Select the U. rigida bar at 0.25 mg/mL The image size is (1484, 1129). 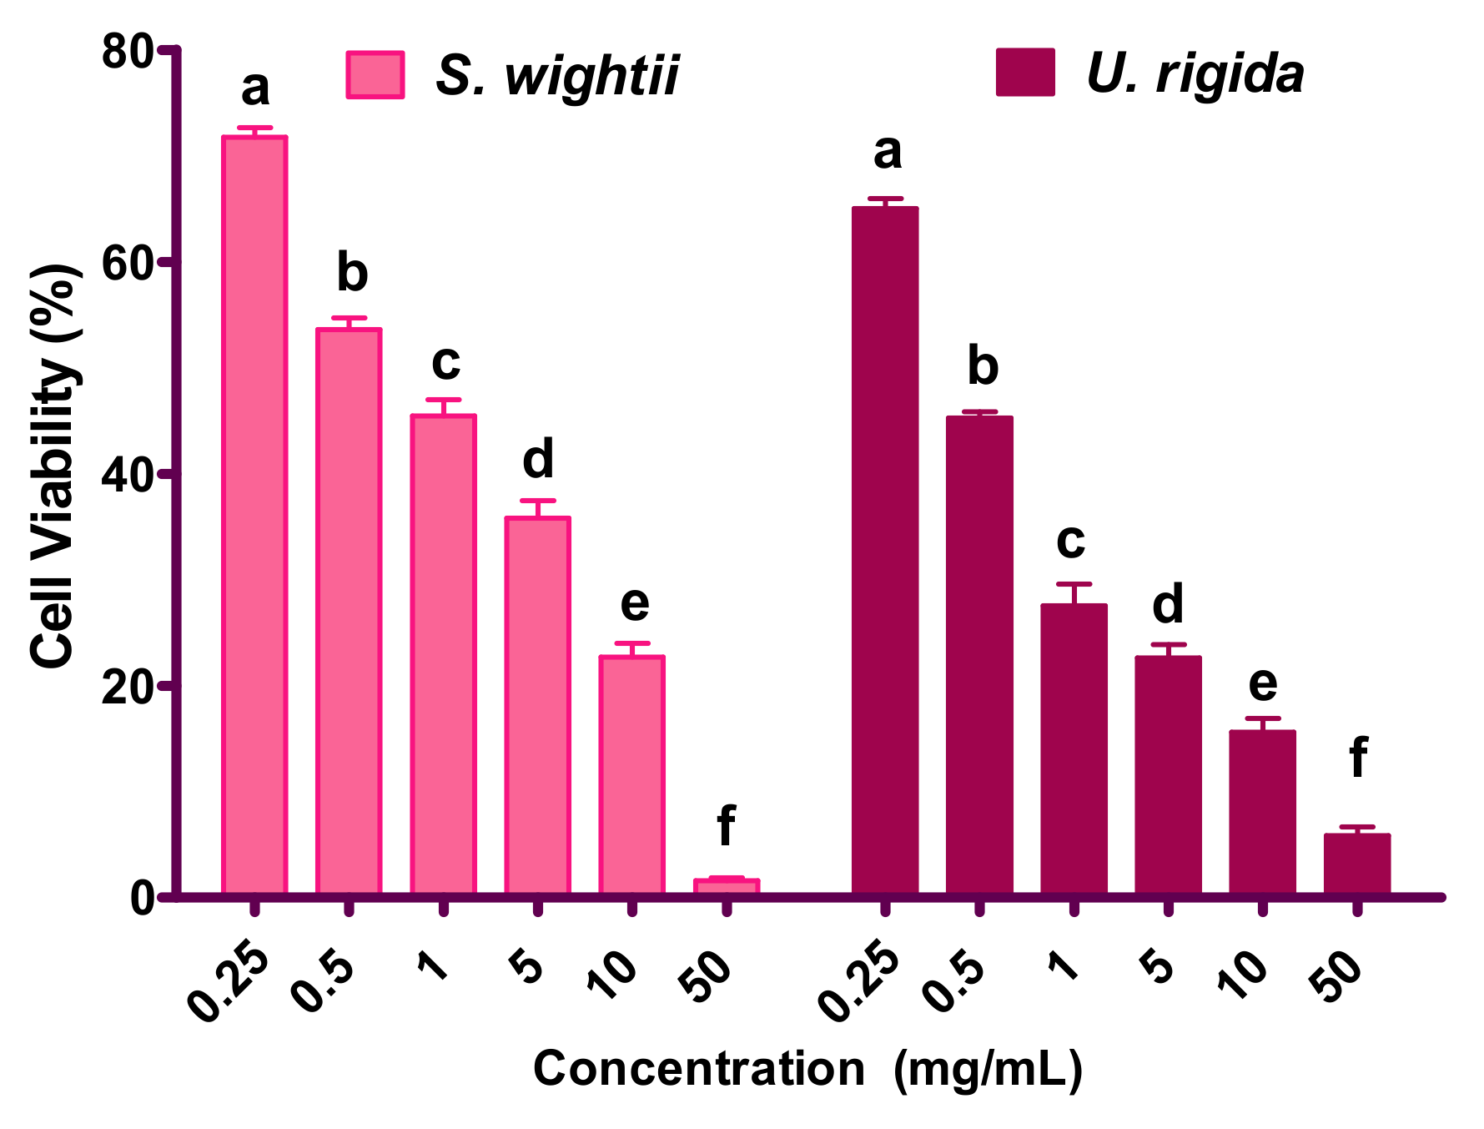885,551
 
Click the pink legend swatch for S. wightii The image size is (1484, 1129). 375,75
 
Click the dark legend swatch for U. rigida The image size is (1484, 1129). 1025,73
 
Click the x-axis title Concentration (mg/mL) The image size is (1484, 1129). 807,1069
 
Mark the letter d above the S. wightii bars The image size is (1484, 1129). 538,459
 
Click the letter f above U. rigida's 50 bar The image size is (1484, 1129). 1358,757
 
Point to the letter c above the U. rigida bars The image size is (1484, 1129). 1071,541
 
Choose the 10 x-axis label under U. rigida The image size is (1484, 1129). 1245,975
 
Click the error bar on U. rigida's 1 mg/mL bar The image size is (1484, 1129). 1074,592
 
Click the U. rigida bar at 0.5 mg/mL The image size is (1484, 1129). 979,655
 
